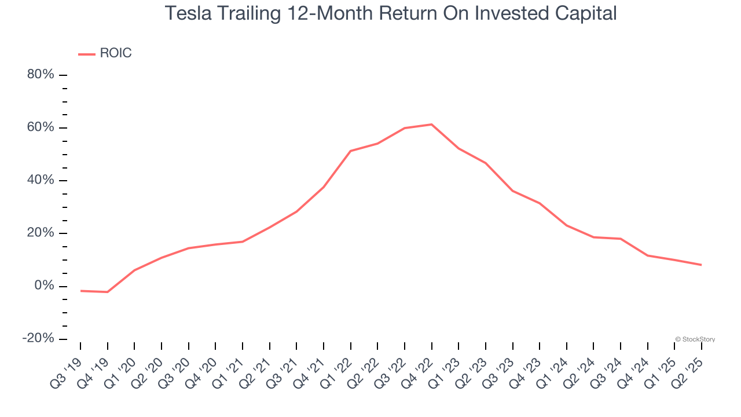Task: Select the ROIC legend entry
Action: (115, 53)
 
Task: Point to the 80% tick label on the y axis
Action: (40, 75)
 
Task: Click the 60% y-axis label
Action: (40, 127)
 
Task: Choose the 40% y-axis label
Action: (40, 180)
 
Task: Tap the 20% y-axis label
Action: (40, 233)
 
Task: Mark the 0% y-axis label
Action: (43, 286)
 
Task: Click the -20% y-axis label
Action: (38, 338)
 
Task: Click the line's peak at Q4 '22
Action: (431, 125)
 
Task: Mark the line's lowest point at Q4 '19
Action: (107, 292)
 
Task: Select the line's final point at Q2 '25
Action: (701, 265)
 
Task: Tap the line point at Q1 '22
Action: (351, 151)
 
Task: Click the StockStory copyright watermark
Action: (695, 339)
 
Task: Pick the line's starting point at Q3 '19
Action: (80, 291)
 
